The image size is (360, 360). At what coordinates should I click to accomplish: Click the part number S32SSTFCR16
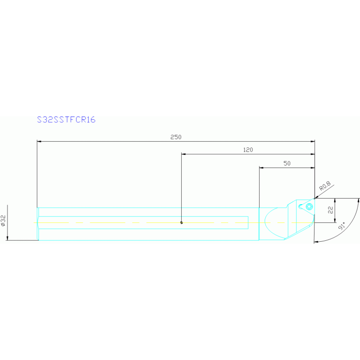[66, 120]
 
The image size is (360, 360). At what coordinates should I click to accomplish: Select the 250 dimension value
[176, 137]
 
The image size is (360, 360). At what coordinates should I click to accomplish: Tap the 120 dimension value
[248, 150]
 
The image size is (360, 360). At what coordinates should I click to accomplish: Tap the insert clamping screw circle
[309, 207]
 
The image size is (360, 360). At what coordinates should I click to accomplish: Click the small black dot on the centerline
[182, 222]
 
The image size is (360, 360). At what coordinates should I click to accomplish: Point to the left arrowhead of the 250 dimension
[39, 141]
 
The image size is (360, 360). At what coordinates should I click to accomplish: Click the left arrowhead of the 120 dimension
[184, 153]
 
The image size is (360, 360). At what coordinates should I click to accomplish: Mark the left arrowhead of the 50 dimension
[261, 167]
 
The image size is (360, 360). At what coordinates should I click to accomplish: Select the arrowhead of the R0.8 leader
[316, 198]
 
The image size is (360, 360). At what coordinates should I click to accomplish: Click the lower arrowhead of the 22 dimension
[334, 221]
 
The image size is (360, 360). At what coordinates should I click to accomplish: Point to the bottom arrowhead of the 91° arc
[316, 242]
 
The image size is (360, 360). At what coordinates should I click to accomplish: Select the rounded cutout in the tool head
[273, 222]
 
